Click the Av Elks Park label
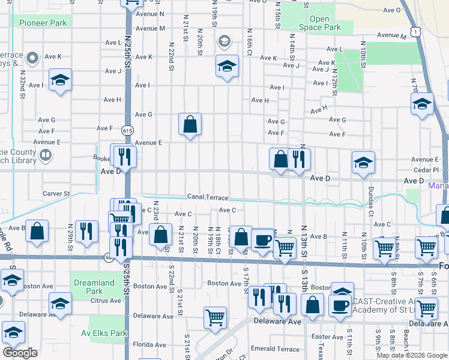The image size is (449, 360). pyautogui.click(x=106, y=333)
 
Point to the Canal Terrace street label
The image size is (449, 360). pyautogui.click(x=207, y=197)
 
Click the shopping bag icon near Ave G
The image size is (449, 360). pyautogui.click(x=190, y=125)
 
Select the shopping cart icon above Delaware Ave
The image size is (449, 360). pyautogui.click(x=215, y=317)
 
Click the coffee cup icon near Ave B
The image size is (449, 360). pyautogui.click(x=262, y=240)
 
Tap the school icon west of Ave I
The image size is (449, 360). pyautogui.click(x=61, y=82)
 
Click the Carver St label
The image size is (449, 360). pyautogui.click(x=56, y=194)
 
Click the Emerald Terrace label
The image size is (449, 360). pyautogui.click(x=275, y=349)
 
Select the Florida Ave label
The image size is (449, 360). pyautogui.click(x=149, y=345)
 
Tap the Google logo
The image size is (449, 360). pyautogui.click(x=20, y=353)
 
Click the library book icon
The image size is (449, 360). pyautogui.click(x=46, y=156)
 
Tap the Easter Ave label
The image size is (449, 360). pyautogui.click(x=327, y=337)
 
